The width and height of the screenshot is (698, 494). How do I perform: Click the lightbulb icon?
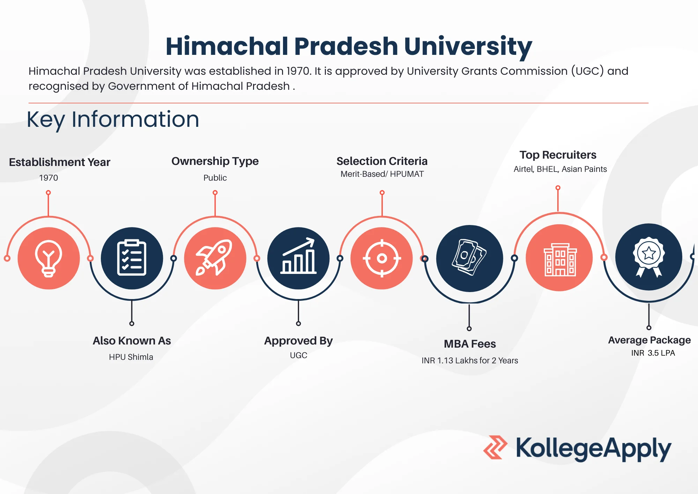point(49,259)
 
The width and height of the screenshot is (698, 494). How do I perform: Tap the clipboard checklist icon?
point(132,258)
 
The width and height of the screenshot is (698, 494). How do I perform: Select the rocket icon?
point(214,257)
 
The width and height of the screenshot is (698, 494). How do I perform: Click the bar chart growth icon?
point(298,256)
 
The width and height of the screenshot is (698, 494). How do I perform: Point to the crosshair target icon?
point(382,258)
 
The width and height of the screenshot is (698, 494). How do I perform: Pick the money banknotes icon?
point(469,257)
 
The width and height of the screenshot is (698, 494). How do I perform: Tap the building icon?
point(560,259)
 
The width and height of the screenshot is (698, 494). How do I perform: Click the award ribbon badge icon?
point(649,257)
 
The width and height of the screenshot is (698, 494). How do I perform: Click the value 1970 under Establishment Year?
point(49,178)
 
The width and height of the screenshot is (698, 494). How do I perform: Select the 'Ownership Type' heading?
point(215,161)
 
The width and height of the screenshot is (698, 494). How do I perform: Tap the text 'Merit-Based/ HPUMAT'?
point(382,174)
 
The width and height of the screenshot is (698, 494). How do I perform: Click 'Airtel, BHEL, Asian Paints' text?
point(560,169)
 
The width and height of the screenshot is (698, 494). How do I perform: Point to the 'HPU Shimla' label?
point(131,357)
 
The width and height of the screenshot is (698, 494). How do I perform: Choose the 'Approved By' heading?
point(298,341)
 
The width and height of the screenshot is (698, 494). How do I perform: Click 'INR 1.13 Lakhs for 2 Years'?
point(470,361)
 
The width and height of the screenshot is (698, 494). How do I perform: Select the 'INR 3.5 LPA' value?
point(653,353)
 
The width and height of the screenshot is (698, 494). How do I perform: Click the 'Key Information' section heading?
point(113,120)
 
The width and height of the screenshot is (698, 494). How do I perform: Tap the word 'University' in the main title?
point(468,47)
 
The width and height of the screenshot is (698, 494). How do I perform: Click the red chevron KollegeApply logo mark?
point(495,447)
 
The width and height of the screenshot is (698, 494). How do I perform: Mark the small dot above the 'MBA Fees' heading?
point(469,328)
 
